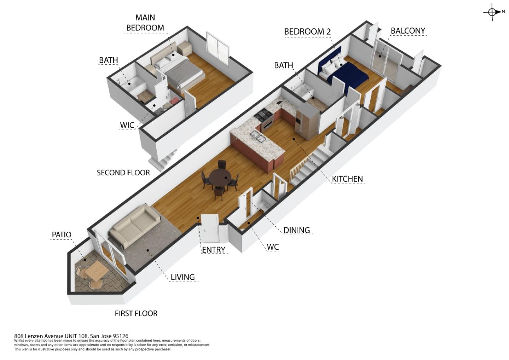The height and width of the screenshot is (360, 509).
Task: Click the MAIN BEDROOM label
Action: pos(145,22)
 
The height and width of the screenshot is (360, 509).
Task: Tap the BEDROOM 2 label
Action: pos(307,31)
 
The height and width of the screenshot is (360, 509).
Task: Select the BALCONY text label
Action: pos(408,31)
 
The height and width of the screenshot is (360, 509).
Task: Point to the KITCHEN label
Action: pos(347,179)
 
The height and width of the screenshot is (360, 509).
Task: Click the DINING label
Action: pos(297,230)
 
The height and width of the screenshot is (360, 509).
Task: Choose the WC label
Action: pos(273,247)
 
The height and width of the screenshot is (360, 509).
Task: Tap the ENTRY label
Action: pos(213,250)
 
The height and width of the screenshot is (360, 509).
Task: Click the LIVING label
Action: pos(182,277)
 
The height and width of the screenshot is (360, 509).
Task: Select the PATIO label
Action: pos(62,235)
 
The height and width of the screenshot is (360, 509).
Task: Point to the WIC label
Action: pos(127,125)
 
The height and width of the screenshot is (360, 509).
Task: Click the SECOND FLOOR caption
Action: pos(123,173)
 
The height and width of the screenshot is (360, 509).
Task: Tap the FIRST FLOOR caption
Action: pos(136,313)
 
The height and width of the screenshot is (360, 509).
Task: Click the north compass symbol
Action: pos(492,12)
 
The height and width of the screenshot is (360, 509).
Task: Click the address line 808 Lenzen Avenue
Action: pos(71,336)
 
